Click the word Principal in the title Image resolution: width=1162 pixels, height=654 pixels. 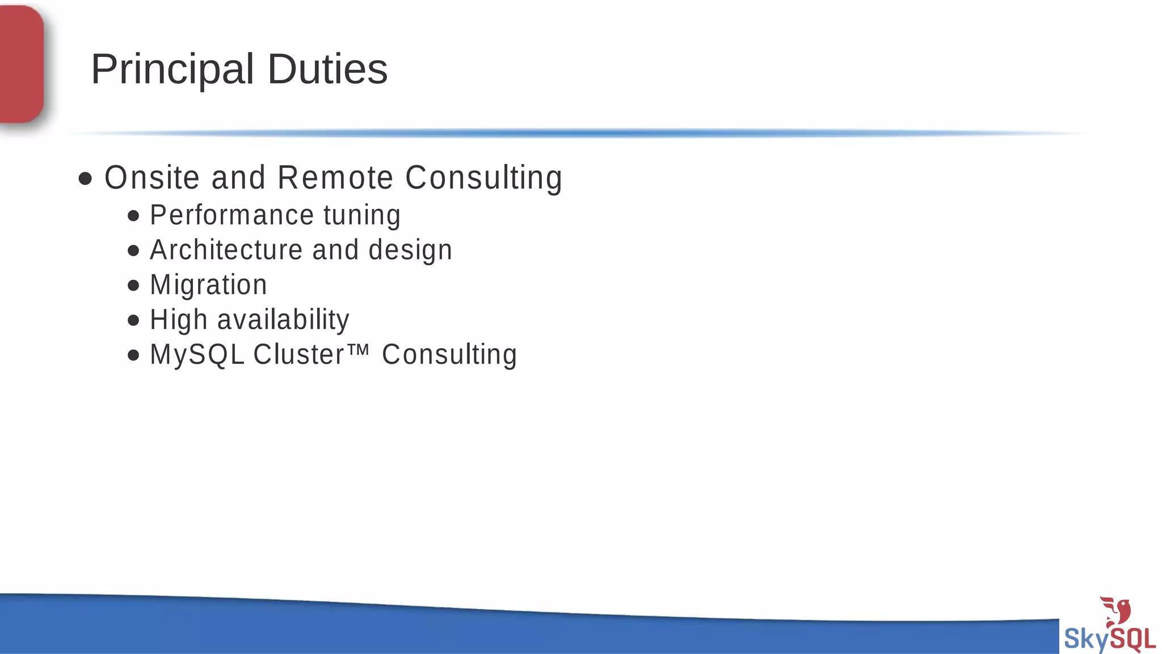(172, 69)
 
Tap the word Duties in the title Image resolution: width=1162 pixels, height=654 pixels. (327, 69)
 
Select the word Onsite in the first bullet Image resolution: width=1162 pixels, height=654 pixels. (152, 178)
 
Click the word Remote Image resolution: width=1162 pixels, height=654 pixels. (335, 178)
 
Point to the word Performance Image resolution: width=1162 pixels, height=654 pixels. (231, 215)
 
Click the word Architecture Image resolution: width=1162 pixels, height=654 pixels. (226, 250)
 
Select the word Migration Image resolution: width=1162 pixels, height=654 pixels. (208, 285)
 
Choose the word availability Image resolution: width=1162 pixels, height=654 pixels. (283, 320)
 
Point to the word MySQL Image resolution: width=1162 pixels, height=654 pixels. (197, 355)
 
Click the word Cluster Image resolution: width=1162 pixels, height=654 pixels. (298, 355)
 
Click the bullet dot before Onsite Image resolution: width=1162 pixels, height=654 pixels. (85, 179)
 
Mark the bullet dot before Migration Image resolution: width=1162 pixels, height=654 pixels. (133, 286)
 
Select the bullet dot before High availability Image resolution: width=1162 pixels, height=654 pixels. (133, 321)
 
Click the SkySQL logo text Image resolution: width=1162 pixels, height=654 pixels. (1109, 639)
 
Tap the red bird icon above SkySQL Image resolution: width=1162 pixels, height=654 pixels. (1117, 611)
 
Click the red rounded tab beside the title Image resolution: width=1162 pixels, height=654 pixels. (22, 64)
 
